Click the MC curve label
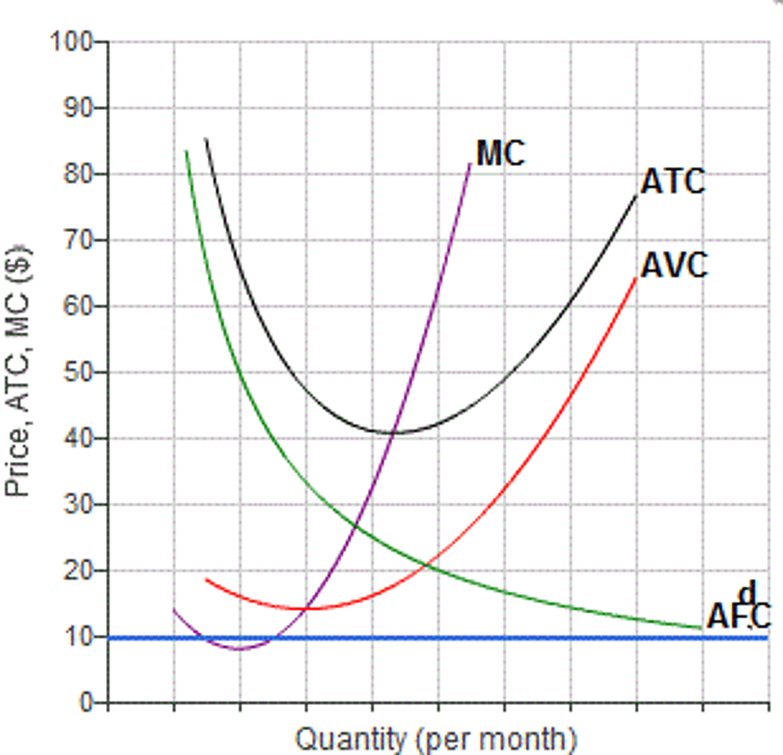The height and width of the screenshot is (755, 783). [500, 154]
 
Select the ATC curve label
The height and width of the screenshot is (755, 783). [672, 182]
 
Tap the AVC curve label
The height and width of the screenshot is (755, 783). [673, 266]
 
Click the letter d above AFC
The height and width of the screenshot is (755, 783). [746, 593]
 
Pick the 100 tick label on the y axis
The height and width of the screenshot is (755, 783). [70, 42]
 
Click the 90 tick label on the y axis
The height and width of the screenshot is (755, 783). [77, 108]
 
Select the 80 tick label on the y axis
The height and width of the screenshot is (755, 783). [77, 174]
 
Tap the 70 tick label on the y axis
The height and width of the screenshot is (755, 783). [77, 240]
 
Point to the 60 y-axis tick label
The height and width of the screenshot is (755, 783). [77, 306]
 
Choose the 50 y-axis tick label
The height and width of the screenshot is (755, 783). [77, 372]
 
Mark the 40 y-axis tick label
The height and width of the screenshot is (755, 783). [77, 439]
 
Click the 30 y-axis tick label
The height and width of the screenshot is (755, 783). [77, 505]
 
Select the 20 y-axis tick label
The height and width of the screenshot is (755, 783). [77, 571]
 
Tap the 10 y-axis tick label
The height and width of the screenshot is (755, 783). [77, 637]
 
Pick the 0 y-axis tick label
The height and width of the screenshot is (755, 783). [86, 703]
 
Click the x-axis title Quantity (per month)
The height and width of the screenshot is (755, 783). [435, 739]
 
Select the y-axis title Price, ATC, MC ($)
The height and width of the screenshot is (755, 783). [18, 371]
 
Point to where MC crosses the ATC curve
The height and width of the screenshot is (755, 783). [394, 432]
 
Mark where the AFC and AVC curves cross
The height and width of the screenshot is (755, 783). [428, 566]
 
